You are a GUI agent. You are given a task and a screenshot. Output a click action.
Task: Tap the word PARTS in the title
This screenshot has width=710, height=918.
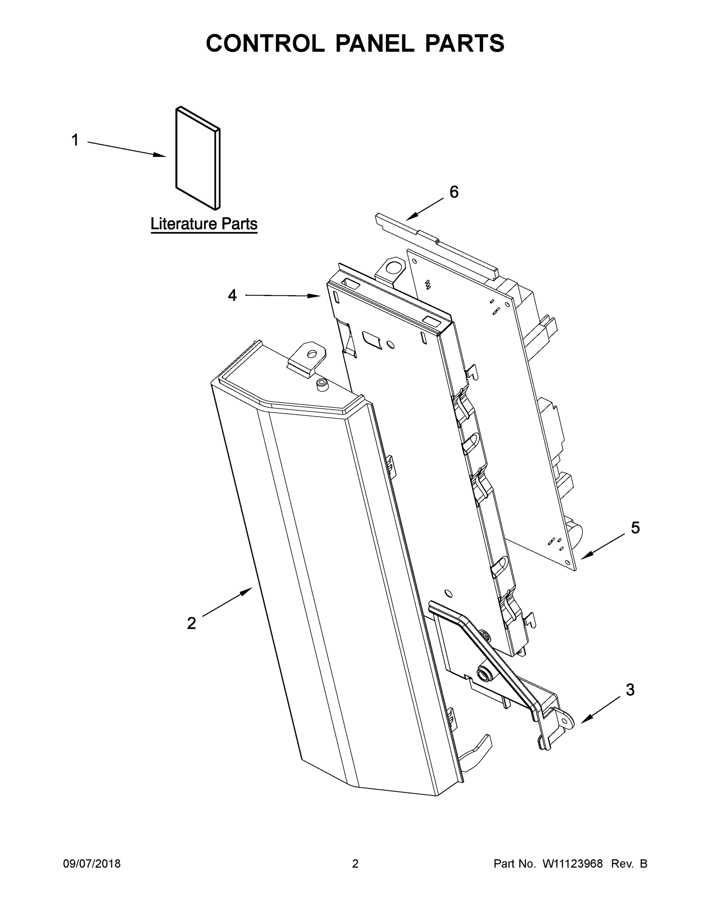click(x=464, y=43)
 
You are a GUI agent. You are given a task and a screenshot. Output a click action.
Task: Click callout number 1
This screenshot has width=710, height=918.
click(x=75, y=140)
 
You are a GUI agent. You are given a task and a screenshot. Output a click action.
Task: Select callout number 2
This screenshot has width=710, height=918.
click(x=191, y=623)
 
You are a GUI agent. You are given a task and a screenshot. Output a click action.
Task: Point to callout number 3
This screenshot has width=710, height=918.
click(x=630, y=689)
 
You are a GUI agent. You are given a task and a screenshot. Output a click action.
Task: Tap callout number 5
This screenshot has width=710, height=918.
click(x=635, y=527)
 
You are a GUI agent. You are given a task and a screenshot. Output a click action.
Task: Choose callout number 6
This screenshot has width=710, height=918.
click(x=454, y=192)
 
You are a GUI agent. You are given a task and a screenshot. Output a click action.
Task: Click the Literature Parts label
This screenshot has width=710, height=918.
click(x=204, y=224)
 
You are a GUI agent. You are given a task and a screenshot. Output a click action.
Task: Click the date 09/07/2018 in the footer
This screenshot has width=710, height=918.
click(x=92, y=863)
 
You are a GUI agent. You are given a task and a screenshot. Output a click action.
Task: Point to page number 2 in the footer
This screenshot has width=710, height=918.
click(x=355, y=863)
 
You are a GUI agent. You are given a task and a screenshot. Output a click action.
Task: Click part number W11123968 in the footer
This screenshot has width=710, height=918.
click(x=573, y=863)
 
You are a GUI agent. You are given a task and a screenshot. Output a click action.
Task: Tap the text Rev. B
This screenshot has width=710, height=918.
click(x=629, y=863)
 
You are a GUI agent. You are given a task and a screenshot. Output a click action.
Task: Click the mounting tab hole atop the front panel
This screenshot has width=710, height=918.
click(x=312, y=353)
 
